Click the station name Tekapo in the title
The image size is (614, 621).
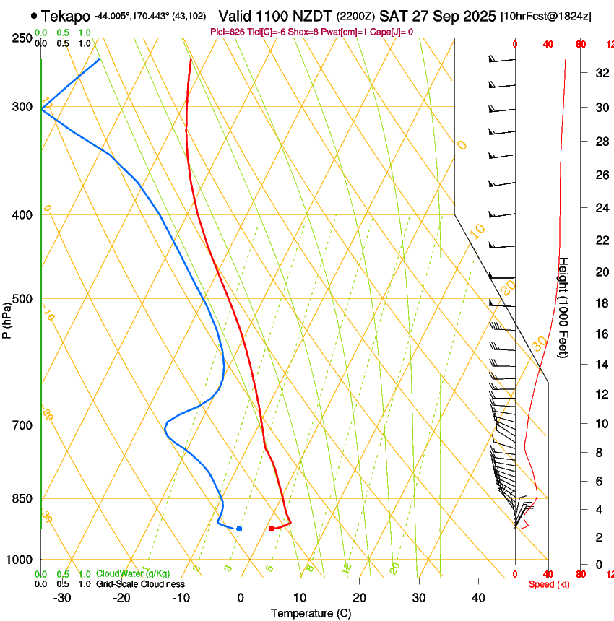pyautogui.click(x=66, y=16)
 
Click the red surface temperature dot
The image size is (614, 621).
pyautogui.click(x=271, y=529)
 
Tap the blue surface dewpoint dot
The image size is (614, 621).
pyautogui.click(x=239, y=529)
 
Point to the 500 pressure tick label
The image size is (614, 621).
pyautogui.click(x=22, y=299)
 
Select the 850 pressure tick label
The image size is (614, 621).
pyautogui.click(x=22, y=499)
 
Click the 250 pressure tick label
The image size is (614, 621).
pyautogui.click(x=22, y=38)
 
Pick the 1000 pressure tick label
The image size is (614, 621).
pyautogui.click(x=20, y=560)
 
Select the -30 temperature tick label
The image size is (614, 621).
pyautogui.click(x=62, y=598)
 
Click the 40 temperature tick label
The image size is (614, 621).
pyautogui.click(x=477, y=598)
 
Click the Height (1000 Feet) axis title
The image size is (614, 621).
pyautogui.click(x=564, y=307)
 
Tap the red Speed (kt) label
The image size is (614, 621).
pyautogui.click(x=550, y=584)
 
